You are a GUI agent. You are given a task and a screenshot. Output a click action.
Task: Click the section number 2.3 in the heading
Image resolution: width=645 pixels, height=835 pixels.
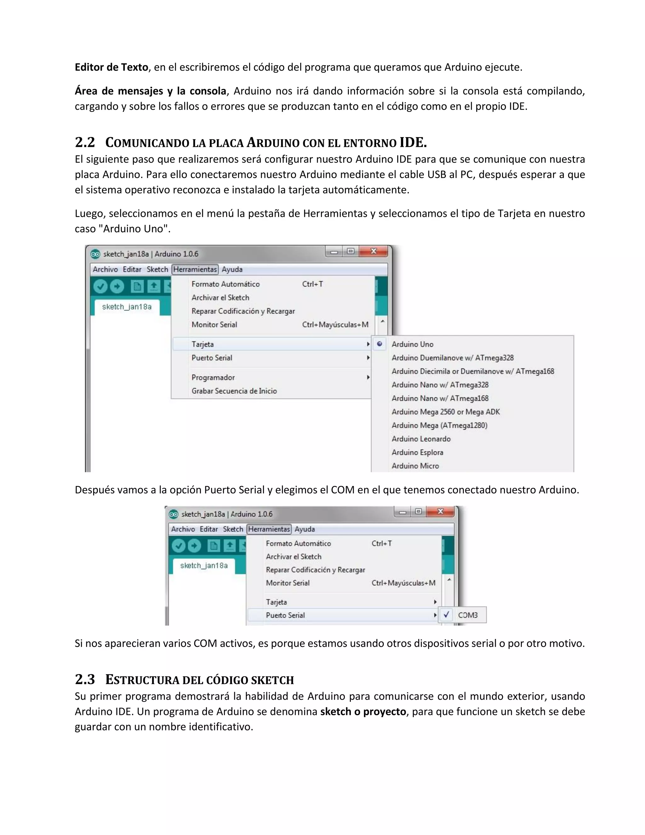(85, 679)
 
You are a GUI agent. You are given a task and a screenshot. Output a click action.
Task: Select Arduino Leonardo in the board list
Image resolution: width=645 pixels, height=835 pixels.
(421, 439)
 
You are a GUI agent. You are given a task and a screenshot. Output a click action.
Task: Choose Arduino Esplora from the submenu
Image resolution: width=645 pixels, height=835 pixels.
(417, 452)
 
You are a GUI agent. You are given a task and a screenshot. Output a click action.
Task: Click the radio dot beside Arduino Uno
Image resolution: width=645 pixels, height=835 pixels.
(380, 344)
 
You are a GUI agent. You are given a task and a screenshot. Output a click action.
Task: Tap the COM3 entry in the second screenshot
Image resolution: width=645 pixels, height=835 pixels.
(468, 615)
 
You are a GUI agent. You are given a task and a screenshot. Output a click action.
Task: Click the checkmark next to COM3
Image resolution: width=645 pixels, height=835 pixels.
(446, 615)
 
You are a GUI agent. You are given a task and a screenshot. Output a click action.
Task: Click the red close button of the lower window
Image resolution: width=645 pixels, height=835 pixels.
(440, 511)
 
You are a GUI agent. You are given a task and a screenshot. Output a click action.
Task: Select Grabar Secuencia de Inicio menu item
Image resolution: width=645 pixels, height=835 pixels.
(234, 391)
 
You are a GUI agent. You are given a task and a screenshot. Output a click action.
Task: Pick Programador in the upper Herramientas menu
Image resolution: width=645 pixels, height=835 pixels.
(213, 377)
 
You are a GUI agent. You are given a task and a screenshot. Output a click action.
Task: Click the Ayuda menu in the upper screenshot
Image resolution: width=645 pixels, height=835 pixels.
(232, 269)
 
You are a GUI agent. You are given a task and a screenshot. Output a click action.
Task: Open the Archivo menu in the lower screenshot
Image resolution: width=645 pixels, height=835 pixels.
(183, 529)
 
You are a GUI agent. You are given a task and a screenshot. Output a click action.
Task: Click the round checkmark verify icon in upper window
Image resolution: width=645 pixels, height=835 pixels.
(100, 286)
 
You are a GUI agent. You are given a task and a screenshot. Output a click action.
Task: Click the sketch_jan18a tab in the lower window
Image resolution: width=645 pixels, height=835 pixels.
(204, 566)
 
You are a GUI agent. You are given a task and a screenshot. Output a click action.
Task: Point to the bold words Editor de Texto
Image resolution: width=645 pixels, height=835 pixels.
(111, 67)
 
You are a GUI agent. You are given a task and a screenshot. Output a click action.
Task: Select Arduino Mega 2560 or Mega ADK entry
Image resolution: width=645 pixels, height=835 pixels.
(446, 412)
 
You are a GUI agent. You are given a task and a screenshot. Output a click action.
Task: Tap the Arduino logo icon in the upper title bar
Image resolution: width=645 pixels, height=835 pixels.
(95, 254)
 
